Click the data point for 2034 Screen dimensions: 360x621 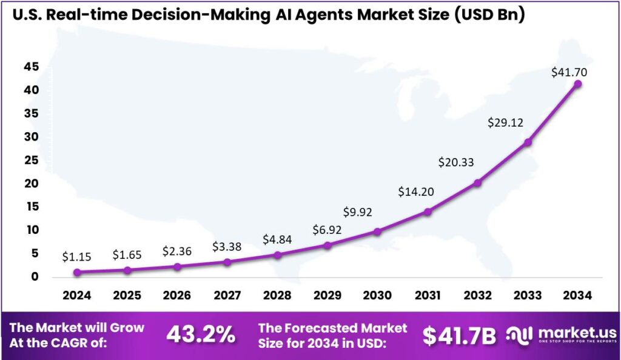(578, 84)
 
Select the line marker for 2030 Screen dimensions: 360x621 (377, 232)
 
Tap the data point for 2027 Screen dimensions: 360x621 (227, 262)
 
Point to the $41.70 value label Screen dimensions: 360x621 (569, 72)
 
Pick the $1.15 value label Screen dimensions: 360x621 (77, 257)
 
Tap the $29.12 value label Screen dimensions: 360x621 (505, 122)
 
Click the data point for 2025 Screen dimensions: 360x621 (127, 270)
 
